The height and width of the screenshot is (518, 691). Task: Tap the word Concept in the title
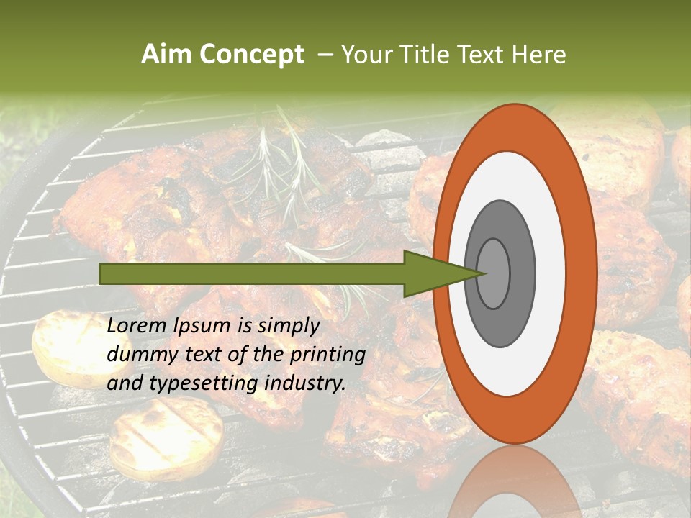coord(251,55)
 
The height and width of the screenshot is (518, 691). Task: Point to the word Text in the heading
coord(484,55)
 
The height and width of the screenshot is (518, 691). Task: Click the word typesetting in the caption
coord(197,384)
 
